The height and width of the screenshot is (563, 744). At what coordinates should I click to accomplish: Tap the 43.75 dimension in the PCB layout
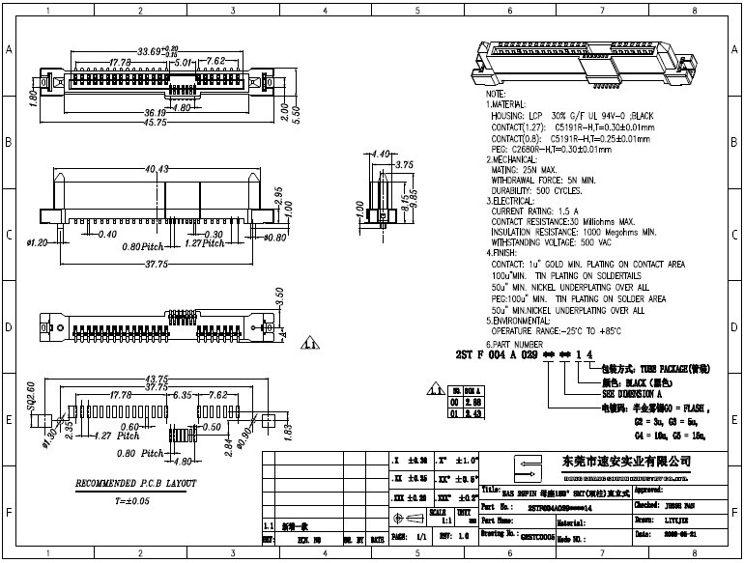click(x=157, y=378)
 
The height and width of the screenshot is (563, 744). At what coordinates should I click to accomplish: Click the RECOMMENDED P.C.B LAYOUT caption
click(x=136, y=482)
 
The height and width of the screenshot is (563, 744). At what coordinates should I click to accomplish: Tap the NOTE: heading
click(x=496, y=94)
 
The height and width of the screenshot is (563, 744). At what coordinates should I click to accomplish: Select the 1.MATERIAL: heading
click(x=505, y=104)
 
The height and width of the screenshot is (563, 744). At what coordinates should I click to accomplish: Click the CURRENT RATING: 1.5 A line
click(x=536, y=210)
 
